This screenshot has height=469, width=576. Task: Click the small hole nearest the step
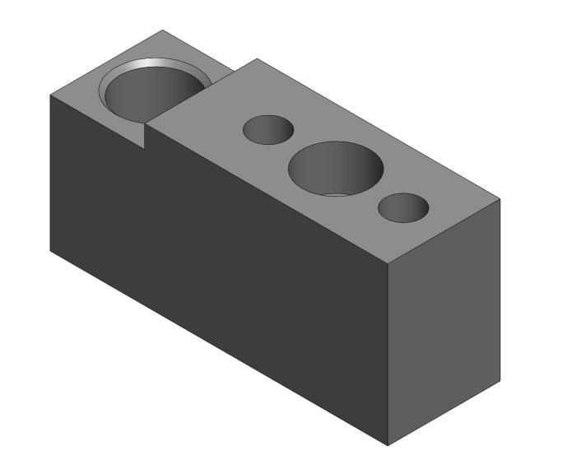268,130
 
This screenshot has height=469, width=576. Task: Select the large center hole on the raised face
335,168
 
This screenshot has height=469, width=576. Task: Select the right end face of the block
444,321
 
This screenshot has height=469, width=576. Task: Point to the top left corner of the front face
50,94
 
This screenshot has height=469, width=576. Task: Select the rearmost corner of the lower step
164,30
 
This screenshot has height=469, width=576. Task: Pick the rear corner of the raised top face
258,58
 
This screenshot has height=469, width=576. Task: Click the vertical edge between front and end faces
388,354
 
